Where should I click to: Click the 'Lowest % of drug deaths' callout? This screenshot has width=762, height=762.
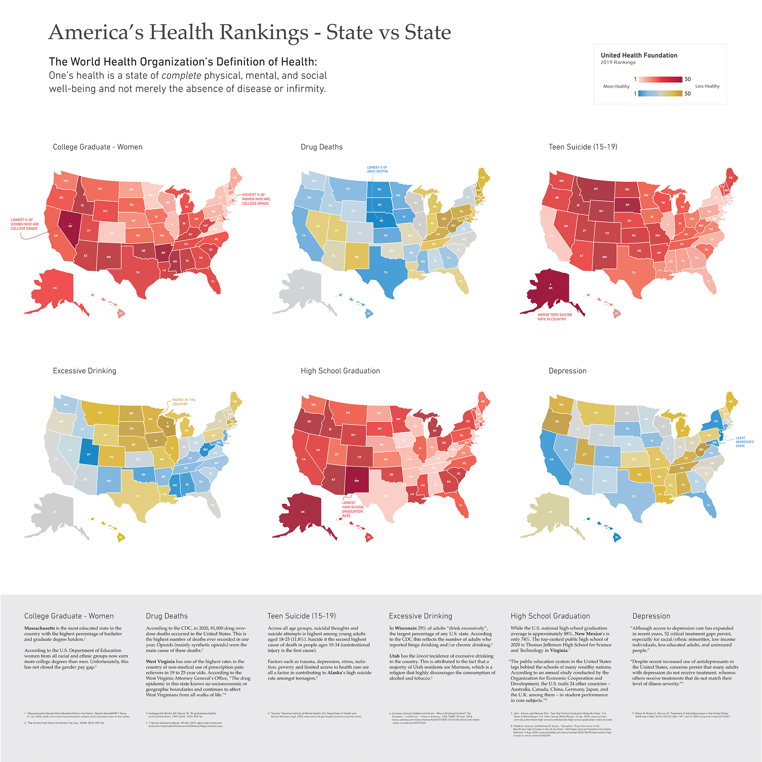coord(377,169)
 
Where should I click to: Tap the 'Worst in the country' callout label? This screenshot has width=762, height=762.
coord(183,402)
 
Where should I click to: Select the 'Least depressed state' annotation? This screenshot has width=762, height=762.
coord(744,442)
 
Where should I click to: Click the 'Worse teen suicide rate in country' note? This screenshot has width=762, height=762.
coord(554,317)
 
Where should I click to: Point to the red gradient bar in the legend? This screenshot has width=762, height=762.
coord(660,79)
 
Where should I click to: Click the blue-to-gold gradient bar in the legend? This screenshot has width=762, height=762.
coord(660,93)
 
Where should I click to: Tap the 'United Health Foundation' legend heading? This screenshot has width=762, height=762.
coord(639,55)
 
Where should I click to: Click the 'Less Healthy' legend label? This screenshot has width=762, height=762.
coord(707,86)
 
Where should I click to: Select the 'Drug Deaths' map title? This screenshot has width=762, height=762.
coord(322,147)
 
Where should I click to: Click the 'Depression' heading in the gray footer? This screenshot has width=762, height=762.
coord(651,616)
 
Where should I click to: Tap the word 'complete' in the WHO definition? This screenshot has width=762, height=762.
coord(181,75)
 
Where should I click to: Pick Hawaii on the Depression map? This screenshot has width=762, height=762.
coord(616,537)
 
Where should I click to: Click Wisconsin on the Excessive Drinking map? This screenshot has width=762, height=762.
coord(167,427)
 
